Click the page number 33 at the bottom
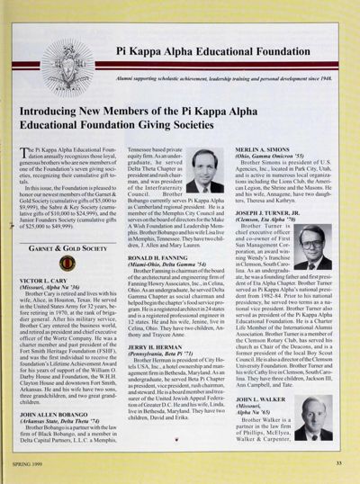click(x=337, y=462)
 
